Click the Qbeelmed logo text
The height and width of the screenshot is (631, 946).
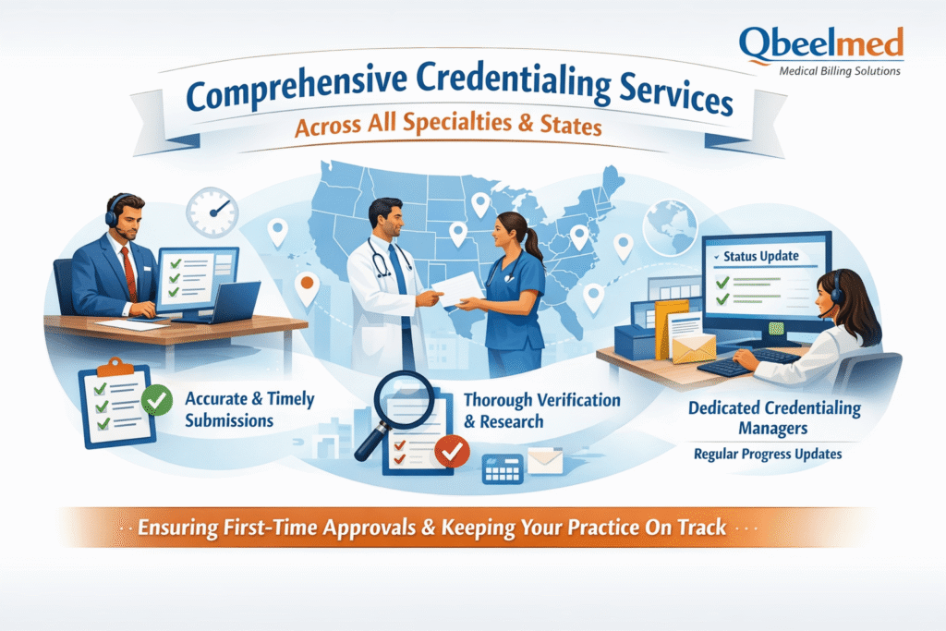point(820,44)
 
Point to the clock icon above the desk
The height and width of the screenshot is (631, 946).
point(212,212)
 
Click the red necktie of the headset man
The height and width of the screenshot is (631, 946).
point(129,273)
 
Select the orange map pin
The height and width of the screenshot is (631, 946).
point(307,287)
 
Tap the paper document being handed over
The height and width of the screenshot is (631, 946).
point(457,287)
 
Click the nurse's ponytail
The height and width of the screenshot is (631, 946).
point(533,244)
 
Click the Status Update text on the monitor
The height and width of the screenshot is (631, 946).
point(761,257)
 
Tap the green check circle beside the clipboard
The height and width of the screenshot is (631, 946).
point(157,400)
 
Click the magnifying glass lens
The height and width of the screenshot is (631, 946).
point(404,399)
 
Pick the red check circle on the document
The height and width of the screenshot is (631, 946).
point(453,451)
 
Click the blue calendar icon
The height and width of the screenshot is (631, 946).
point(503,468)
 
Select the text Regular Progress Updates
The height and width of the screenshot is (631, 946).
point(768,454)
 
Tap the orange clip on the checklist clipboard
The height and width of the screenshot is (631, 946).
point(115,366)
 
